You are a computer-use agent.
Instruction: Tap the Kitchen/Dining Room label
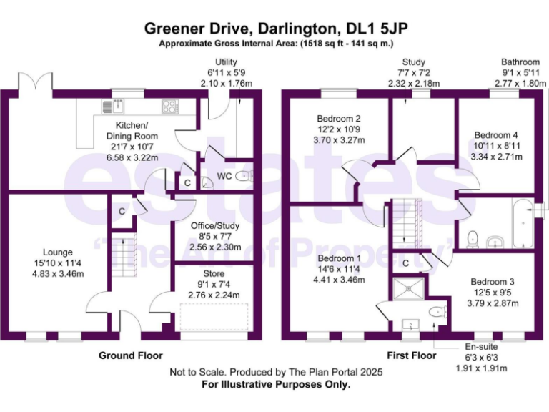132,136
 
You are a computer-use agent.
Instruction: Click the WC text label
224,176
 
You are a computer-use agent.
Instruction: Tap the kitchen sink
114,107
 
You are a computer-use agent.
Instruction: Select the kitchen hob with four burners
170,107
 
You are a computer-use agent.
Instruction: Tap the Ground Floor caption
130,355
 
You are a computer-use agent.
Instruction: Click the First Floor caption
412,355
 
